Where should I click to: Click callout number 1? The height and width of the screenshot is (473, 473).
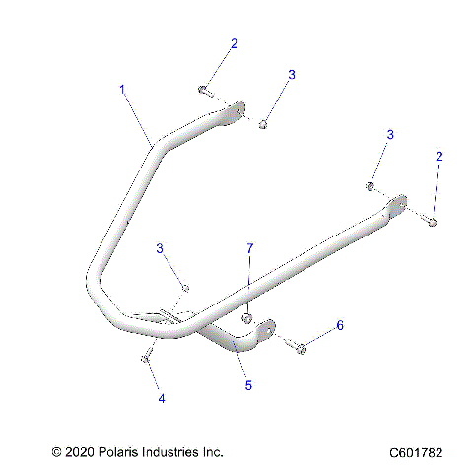click(x=122, y=89)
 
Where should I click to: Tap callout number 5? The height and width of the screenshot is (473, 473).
click(x=248, y=385)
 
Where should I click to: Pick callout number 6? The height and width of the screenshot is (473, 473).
click(x=340, y=325)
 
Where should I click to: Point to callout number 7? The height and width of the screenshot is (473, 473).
click(x=249, y=249)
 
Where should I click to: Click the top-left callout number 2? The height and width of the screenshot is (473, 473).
click(x=234, y=43)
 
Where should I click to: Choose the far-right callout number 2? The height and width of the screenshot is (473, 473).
click(x=439, y=156)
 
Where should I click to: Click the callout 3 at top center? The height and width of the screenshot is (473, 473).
click(x=292, y=74)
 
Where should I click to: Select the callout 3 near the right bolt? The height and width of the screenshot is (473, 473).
click(x=389, y=134)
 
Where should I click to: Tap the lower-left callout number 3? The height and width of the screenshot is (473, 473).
click(x=160, y=248)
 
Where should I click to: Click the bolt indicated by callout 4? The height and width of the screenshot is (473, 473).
click(x=145, y=357)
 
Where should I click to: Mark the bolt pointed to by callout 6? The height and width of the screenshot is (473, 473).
click(x=300, y=347)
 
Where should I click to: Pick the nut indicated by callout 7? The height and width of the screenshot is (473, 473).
click(x=247, y=318)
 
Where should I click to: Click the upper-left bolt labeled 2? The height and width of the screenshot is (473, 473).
click(x=203, y=90)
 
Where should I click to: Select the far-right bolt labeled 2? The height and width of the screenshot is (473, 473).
click(x=433, y=222)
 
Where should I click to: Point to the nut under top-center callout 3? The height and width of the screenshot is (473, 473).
click(x=264, y=124)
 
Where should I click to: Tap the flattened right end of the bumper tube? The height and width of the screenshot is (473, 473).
click(x=396, y=203)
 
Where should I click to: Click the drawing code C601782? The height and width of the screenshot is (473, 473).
click(x=416, y=453)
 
